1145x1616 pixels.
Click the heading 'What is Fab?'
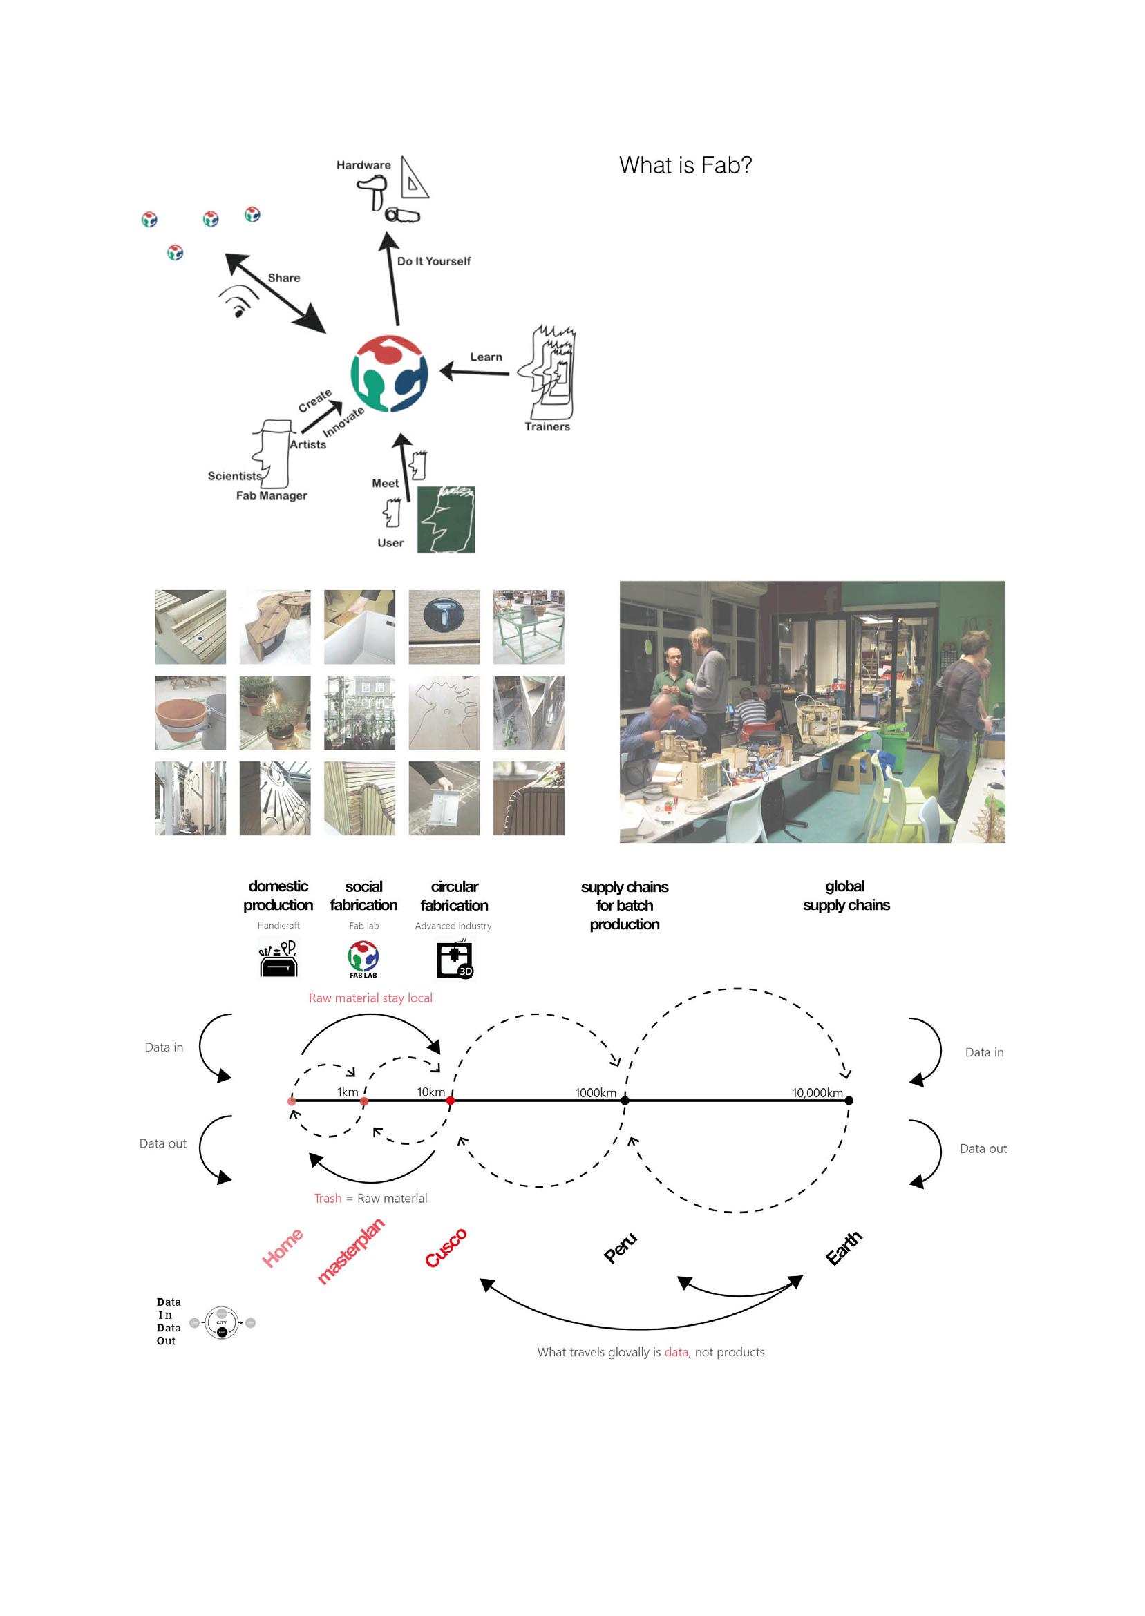click(x=685, y=165)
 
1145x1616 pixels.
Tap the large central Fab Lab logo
click(x=389, y=374)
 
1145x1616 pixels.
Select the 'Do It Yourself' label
click(x=433, y=260)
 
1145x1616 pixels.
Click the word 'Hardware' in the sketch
click(x=363, y=165)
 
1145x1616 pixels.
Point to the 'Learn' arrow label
click(x=486, y=357)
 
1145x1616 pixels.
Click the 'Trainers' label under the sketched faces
click(x=547, y=426)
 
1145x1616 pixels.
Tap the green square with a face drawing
click(x=446, y=520)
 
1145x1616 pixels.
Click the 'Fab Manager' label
click(x=272, y=495)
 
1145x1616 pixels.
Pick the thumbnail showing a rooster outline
click(x=444, y=712)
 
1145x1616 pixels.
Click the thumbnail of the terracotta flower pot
click(x=190, y=712)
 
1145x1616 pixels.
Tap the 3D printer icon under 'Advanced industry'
click(x=454, y=959)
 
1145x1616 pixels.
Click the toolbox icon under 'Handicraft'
click(x=278, y=958)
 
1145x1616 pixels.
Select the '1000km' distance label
click(x=595, y=1092)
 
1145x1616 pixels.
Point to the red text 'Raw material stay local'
click(x=370, y=998)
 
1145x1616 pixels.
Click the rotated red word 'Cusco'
click(x=446, y=1248)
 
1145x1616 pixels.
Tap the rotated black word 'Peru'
click(x=621, y=1248)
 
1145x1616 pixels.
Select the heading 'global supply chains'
click(x=845, y=895)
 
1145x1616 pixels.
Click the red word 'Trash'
click(x=327, y=1198)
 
